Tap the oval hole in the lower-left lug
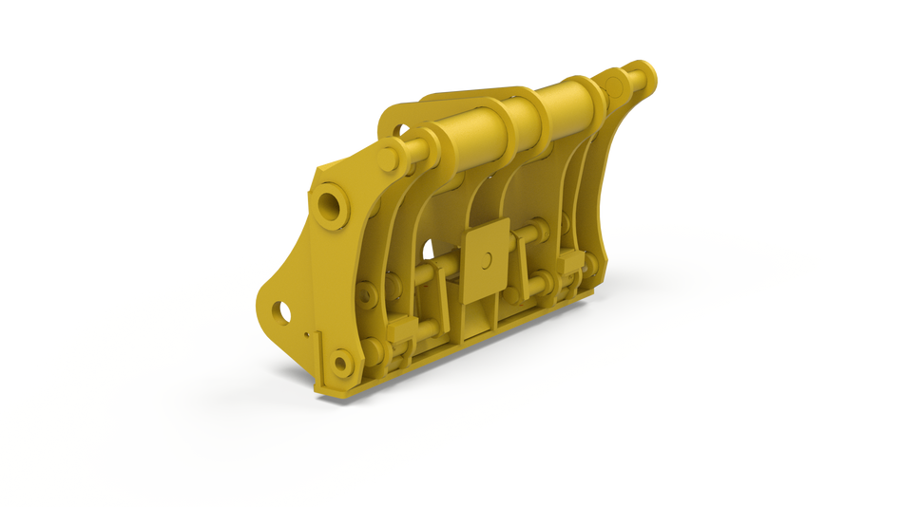[282, 310]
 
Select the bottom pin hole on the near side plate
[341, 361]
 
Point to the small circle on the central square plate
[487, 258]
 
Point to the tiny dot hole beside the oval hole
[306, 334]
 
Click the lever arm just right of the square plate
[526, 272]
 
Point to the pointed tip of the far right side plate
[605, 259]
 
